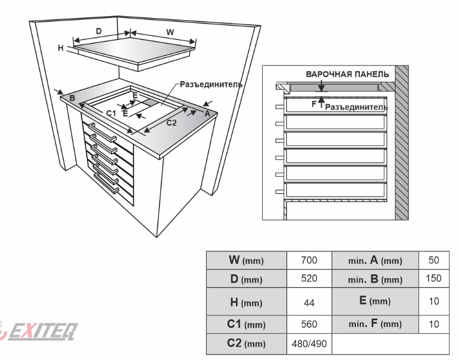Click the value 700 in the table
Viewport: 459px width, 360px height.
[309, 260]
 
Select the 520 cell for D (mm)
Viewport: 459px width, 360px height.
[309, 278]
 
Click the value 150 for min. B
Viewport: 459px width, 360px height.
[434, 278]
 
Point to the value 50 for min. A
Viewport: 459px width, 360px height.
[434, 260]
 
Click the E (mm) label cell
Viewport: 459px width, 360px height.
[375, 303]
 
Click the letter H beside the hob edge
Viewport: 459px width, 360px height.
[61, 49]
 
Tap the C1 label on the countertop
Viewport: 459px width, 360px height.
[111, 114]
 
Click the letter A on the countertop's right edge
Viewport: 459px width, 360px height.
[207, 114]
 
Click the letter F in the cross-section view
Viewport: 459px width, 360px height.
[313, 104]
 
